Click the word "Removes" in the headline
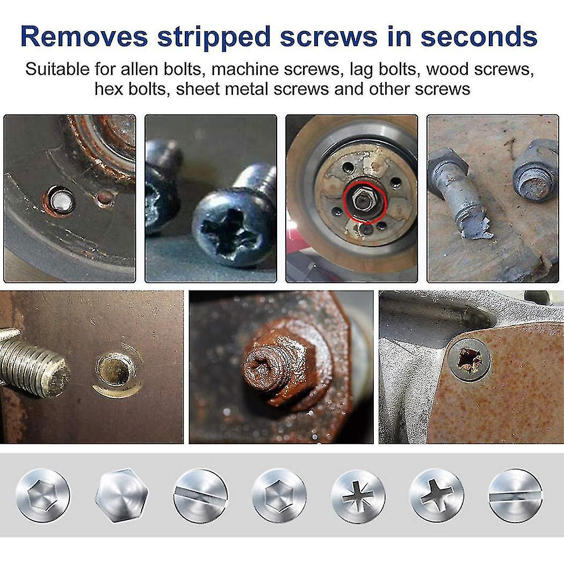point(84,37)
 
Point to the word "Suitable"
point(59,69)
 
